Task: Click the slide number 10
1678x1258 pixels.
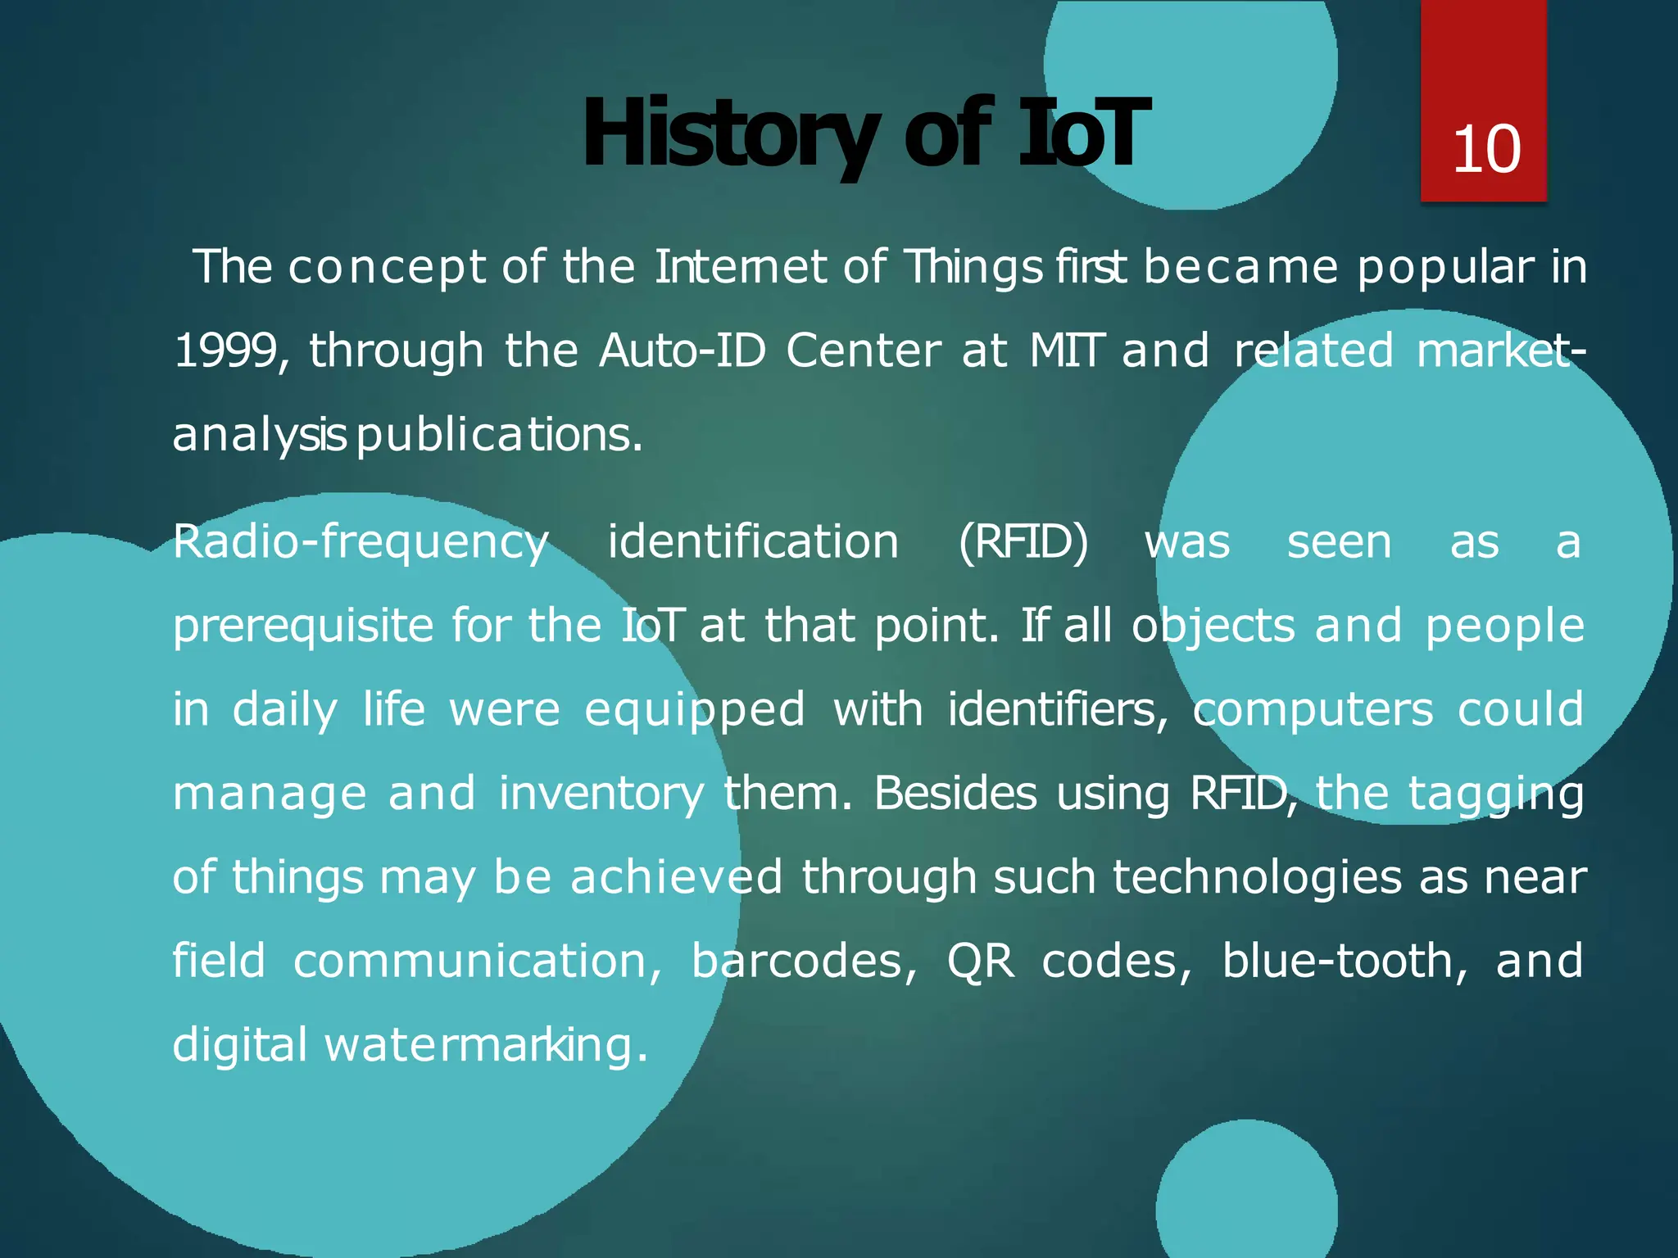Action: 1485,150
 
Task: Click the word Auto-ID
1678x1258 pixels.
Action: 683,351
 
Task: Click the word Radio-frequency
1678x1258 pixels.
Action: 361,543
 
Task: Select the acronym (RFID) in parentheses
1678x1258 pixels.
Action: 1023,543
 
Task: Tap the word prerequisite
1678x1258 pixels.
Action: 303,627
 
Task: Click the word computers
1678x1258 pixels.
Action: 1313,710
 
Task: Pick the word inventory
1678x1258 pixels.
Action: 601,794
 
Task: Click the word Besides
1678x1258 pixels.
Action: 955,794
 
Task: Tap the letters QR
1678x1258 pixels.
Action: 980,962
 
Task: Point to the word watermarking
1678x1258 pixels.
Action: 487,1046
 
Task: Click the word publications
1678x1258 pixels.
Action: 500,436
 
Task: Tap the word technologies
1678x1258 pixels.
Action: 1256,878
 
